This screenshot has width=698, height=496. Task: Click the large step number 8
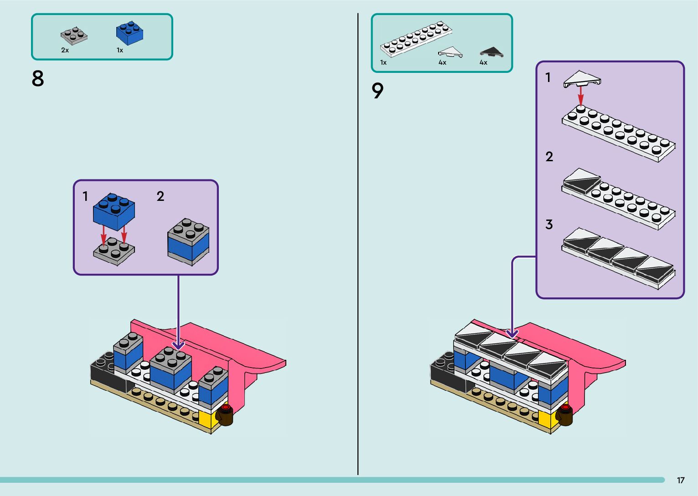pos(38,78)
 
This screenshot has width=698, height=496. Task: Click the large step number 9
pos(377,91)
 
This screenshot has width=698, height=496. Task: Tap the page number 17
pos(680,480)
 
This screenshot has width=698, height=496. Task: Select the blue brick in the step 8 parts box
pos(129,33)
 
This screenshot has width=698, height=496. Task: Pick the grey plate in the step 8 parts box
pos(74,36)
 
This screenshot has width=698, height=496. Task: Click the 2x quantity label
pos(65,50)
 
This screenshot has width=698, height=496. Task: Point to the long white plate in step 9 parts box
pos(416,39)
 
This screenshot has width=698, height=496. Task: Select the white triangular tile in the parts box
pos(450,52)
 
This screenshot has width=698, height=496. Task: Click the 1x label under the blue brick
pos(120,50)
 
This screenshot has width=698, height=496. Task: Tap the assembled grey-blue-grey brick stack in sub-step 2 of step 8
pos(188,241)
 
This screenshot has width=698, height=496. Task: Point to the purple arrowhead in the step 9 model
pos(512,333)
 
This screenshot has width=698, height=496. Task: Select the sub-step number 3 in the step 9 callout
pos(549,224)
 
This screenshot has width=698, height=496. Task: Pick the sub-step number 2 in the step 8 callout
pos(160,196)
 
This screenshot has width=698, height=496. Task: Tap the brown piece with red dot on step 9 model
pos(565,414)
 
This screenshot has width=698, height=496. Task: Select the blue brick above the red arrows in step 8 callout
pos(114,210)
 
